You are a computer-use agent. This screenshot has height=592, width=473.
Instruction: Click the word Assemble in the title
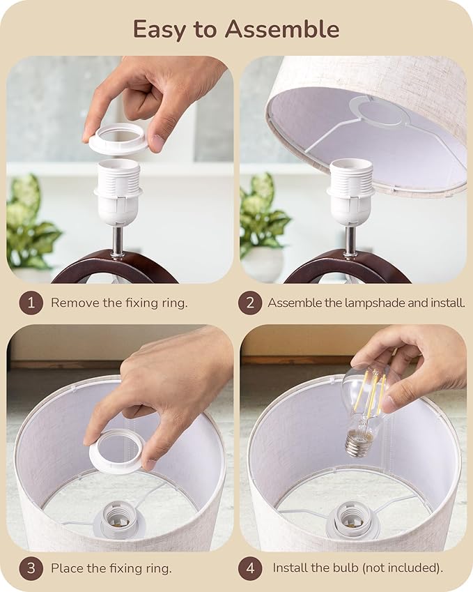[x=281, y=29]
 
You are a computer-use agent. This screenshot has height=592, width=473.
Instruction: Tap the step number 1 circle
[x=31, y=303]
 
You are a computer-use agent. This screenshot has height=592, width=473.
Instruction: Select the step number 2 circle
[x=249, y=303]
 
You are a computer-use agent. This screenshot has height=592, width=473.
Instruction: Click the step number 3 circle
[x=31, y=568]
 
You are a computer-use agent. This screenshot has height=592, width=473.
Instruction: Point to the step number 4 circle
[x=249, y=568]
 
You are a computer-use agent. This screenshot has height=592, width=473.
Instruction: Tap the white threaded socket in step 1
[x=118, y=192]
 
